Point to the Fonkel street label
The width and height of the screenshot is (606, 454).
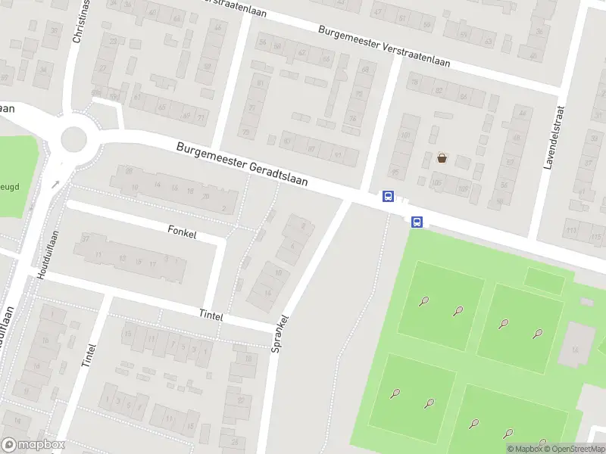[x=183, y=234]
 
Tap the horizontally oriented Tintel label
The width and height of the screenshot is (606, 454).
[x=211, y=316]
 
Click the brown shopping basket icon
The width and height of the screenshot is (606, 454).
[x=441, y=158]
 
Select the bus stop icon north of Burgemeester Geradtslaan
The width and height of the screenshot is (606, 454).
[x=388, y=197]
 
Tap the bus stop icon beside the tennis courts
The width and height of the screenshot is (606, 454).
[x=417, y=222]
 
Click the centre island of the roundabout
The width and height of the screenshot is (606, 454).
[x=74, y=138]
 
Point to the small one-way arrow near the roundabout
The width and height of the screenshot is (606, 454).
[x=55, y=184]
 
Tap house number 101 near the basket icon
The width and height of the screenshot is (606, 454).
[x=407, y=135]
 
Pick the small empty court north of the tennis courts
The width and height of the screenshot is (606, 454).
[x=544, y=281]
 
